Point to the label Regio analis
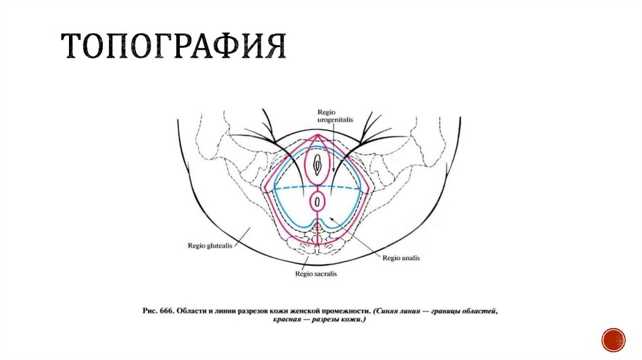[x=400, y=258]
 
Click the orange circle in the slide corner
[x=613, y=339]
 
